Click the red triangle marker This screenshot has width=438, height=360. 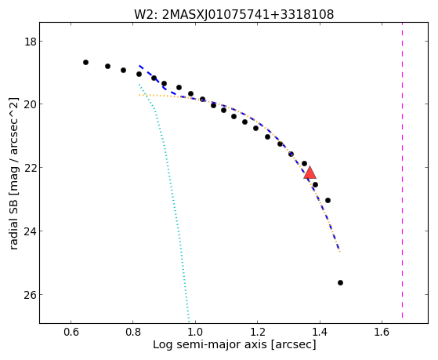click(x=309, y=173)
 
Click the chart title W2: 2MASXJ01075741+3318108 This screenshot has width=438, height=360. click(x=233, y=14)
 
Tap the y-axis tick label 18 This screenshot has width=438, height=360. click(x=30, y=42)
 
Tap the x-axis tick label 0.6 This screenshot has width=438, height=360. click(x=71, y=332)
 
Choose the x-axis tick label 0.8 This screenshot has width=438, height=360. click(x=133, y=332)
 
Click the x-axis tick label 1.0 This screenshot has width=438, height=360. click(x=195, y=332)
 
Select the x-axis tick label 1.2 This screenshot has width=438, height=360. click(x=257, y=332)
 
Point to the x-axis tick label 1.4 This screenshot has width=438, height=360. click(x=320, y=332)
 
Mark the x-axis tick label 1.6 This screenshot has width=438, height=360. click(x=382, y=332)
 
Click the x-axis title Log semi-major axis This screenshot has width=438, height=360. click(x=210, y=344)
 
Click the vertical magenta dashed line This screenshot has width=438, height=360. click(x=402, y=170)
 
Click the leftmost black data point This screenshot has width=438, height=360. click(x=85, y=63)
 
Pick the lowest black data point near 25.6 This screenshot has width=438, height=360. click(x=340, y=283)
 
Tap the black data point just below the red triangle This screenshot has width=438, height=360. click(x=315, y=184)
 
